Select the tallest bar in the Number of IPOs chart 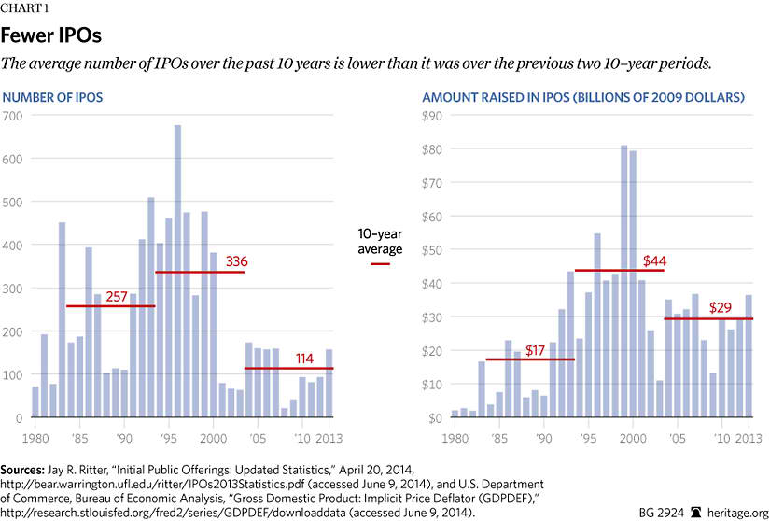point(177,271)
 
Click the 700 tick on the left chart point(12,116)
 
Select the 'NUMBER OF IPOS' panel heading point(53,97)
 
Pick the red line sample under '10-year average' point(380,264)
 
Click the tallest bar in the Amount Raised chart point(623,281)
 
